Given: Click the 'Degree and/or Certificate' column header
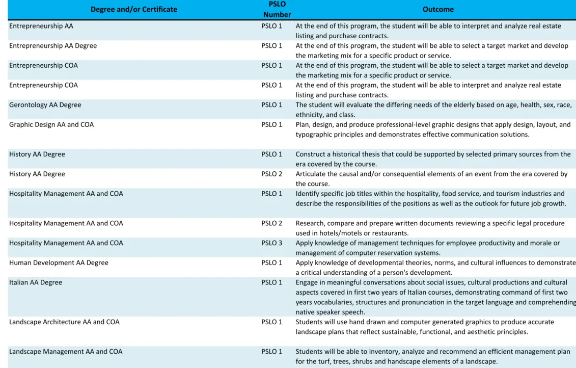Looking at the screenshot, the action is tap(134, 9).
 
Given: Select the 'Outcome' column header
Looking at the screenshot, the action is tap(438, 9).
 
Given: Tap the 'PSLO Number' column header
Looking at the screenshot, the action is tap(277, 9).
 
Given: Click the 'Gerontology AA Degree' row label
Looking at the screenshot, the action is tap(45, 105).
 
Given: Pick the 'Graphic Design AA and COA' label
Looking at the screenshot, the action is tap(51, 125).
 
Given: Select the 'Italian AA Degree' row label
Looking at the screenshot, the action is tap(36, 282).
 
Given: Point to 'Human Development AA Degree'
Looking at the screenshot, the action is tap(59, 262).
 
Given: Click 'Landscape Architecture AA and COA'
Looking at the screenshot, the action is tap(64, 322).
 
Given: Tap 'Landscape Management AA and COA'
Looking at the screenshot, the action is tap(66, 352).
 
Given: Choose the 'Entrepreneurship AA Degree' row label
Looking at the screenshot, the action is tap(53, 45).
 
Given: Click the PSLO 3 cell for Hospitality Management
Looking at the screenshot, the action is tap(272, 243).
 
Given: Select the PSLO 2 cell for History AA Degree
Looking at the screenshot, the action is tap(272, 174).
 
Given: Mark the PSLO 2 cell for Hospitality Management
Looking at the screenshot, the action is tap(272, 223).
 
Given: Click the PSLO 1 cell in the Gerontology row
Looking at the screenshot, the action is tap(272, 105).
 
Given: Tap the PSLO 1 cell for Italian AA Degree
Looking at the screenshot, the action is tap(272, 282).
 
